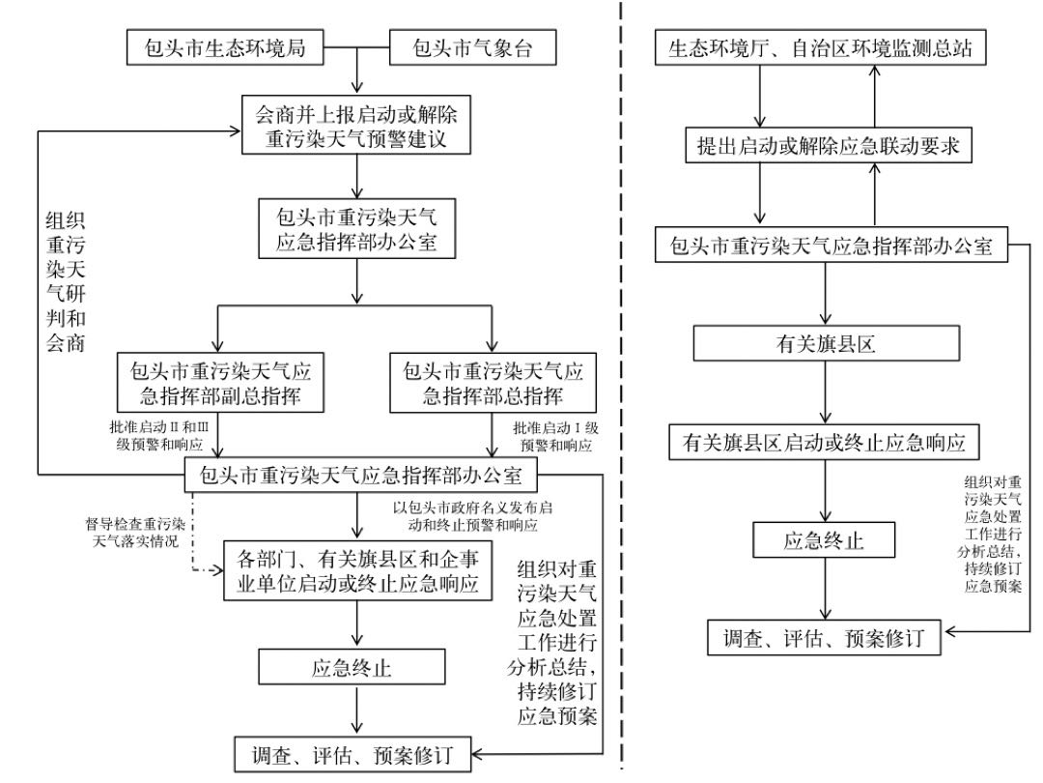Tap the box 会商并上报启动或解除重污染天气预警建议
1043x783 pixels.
coord(356,128)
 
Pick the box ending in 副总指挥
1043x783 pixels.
coord(219,383)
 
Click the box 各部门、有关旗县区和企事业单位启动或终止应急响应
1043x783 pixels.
coord(358,571)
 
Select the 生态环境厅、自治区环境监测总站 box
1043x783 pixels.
coord(820,48)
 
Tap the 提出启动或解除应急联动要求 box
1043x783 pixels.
coord(820,146)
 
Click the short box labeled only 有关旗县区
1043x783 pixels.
coord(825,344)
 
